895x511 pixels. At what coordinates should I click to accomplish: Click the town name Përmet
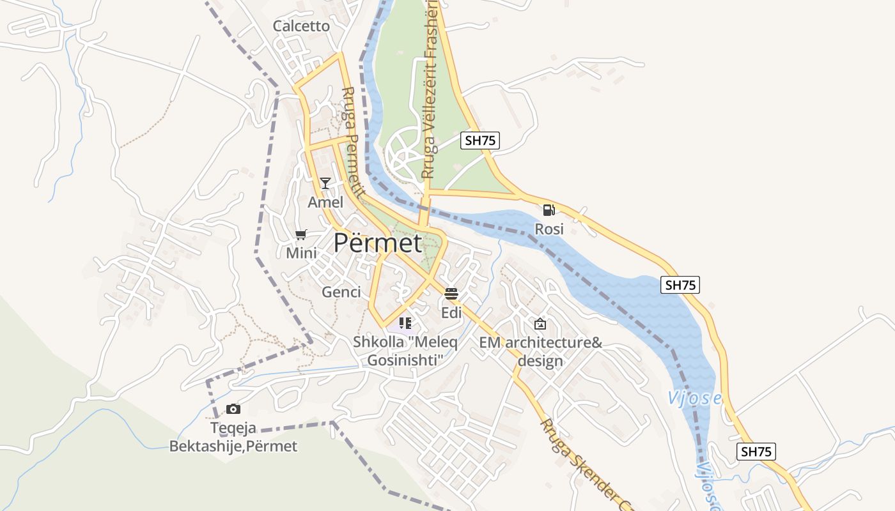(x=378, y=243)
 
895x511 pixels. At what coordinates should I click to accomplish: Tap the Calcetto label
(x=301, y=26)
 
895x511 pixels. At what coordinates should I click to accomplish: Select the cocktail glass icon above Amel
(x=325, y=183)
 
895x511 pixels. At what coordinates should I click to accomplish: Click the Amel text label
(x=325, y=202)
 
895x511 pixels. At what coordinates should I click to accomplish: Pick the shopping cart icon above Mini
(x=301, y=234)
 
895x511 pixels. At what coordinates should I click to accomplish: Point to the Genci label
(x=341, y=292)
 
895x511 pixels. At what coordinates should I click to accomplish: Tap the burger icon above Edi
(x=451, y=293)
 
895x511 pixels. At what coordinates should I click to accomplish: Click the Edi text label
(x=451, y=312)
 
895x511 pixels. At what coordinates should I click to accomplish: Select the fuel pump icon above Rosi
(x=549, y=210)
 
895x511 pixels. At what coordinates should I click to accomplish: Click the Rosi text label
(x=549, y=229)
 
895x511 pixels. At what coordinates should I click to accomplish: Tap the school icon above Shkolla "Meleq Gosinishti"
(x=405, y=323)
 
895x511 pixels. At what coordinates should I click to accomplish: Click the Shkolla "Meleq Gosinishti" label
(x=405, y=351)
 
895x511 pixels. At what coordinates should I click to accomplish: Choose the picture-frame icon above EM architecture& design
(x=540, y=324)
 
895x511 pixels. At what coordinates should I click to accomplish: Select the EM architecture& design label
(x=541, y=351)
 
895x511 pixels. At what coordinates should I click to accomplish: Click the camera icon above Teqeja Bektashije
(x=233, y=409)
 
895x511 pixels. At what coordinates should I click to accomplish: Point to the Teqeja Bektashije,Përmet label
(x=233, y=437)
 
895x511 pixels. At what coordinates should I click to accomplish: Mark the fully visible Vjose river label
(x=695, y=398)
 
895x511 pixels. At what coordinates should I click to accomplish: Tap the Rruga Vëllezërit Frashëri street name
(x=429, y=89)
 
